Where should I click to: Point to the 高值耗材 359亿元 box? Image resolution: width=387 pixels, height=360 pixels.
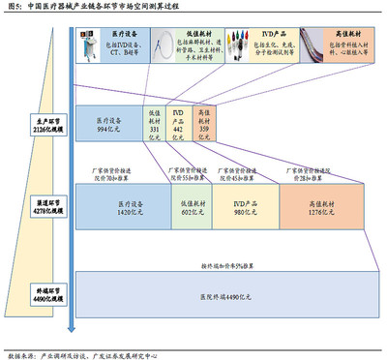click(x=203, y=126)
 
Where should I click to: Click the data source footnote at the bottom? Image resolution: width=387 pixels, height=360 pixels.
click(x=82, y=354)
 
